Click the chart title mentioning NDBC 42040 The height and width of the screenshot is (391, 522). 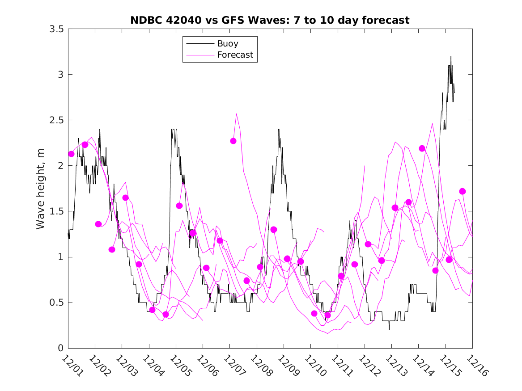point(270,20)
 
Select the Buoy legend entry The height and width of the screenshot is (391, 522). point(228,44)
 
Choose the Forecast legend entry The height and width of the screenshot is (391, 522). point(235,55)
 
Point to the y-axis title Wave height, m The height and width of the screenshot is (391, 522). point(41,189)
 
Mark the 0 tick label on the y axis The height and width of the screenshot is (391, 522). point(60,348)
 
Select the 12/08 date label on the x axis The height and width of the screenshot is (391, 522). point(260,365)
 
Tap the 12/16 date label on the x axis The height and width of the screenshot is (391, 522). point(476,365)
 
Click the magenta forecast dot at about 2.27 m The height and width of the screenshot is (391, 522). point(233,141)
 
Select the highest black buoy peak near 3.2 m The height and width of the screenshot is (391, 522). point(451,56)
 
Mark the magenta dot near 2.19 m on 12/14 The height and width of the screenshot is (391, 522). point(422,148)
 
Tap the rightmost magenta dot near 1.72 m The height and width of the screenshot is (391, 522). point(463,191)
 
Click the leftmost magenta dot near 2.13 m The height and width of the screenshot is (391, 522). point(71,154)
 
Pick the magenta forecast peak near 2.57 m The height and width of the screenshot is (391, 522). point(236,114)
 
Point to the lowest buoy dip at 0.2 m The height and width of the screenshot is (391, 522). point(389,330)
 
